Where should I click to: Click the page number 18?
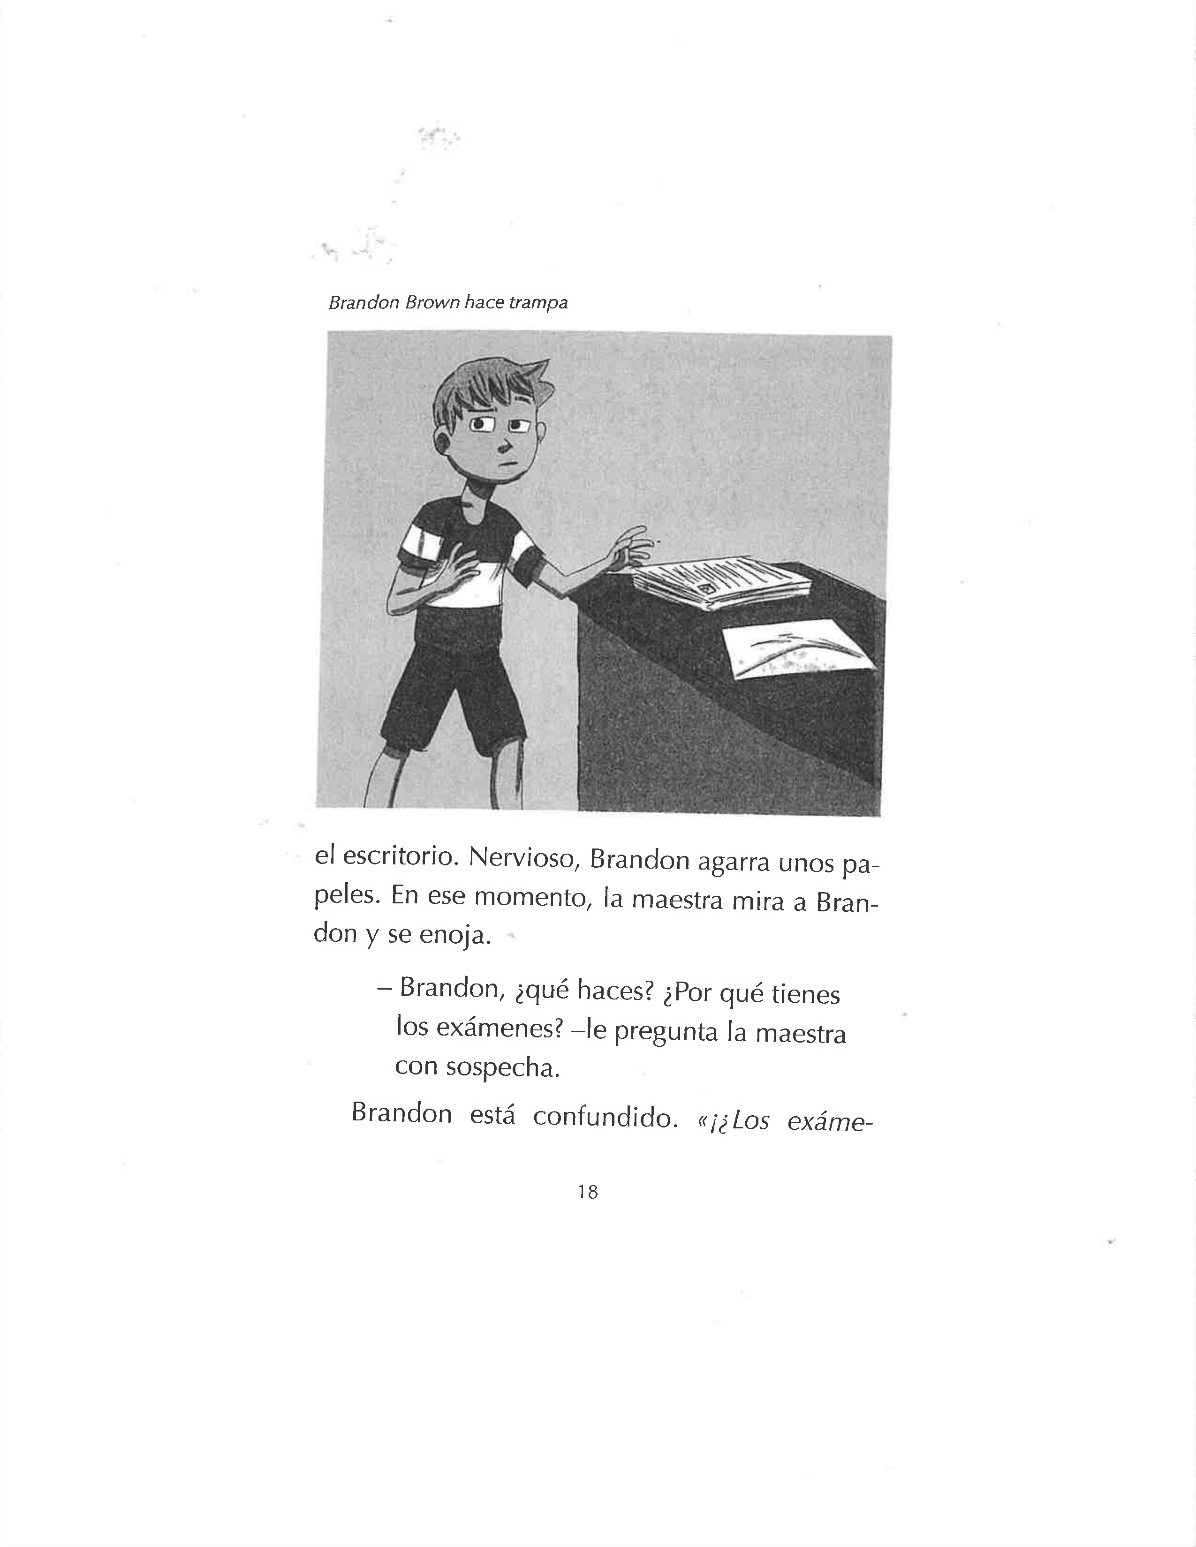(x=587, y=1192)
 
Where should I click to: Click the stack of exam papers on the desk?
(x=723, y=581)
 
